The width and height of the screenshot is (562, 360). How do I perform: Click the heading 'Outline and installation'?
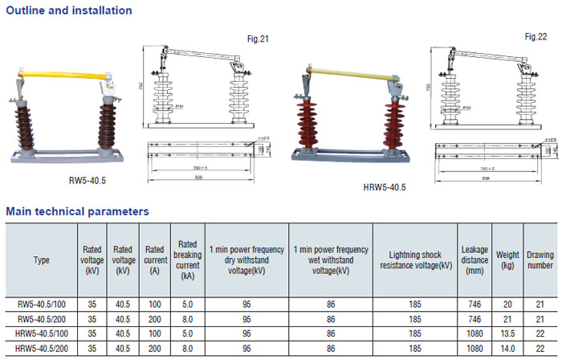pos(69,10)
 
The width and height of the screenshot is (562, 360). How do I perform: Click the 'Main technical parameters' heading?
pos(77,211)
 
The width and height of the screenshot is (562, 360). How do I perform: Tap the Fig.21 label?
pos(258,39)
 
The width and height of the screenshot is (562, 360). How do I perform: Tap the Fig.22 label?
pos(536,37)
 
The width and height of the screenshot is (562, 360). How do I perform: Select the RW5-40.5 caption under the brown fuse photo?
pos(88,181)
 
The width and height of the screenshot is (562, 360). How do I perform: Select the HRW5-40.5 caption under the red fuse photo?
pos(385,187)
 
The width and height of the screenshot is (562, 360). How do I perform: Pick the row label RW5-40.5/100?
pos(41,305)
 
